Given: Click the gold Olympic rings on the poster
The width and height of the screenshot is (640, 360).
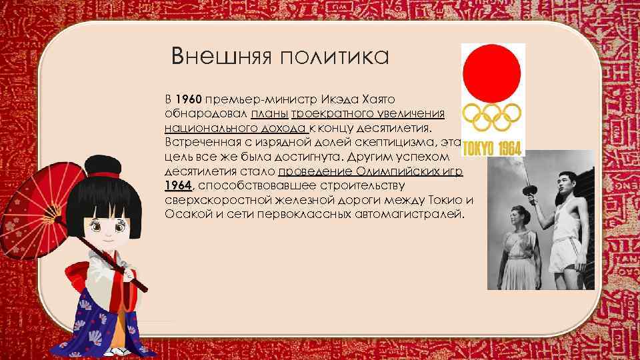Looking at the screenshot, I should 493,117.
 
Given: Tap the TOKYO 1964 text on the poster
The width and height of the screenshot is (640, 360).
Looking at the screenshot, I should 493,147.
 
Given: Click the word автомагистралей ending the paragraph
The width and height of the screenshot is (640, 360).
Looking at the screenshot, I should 411,214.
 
